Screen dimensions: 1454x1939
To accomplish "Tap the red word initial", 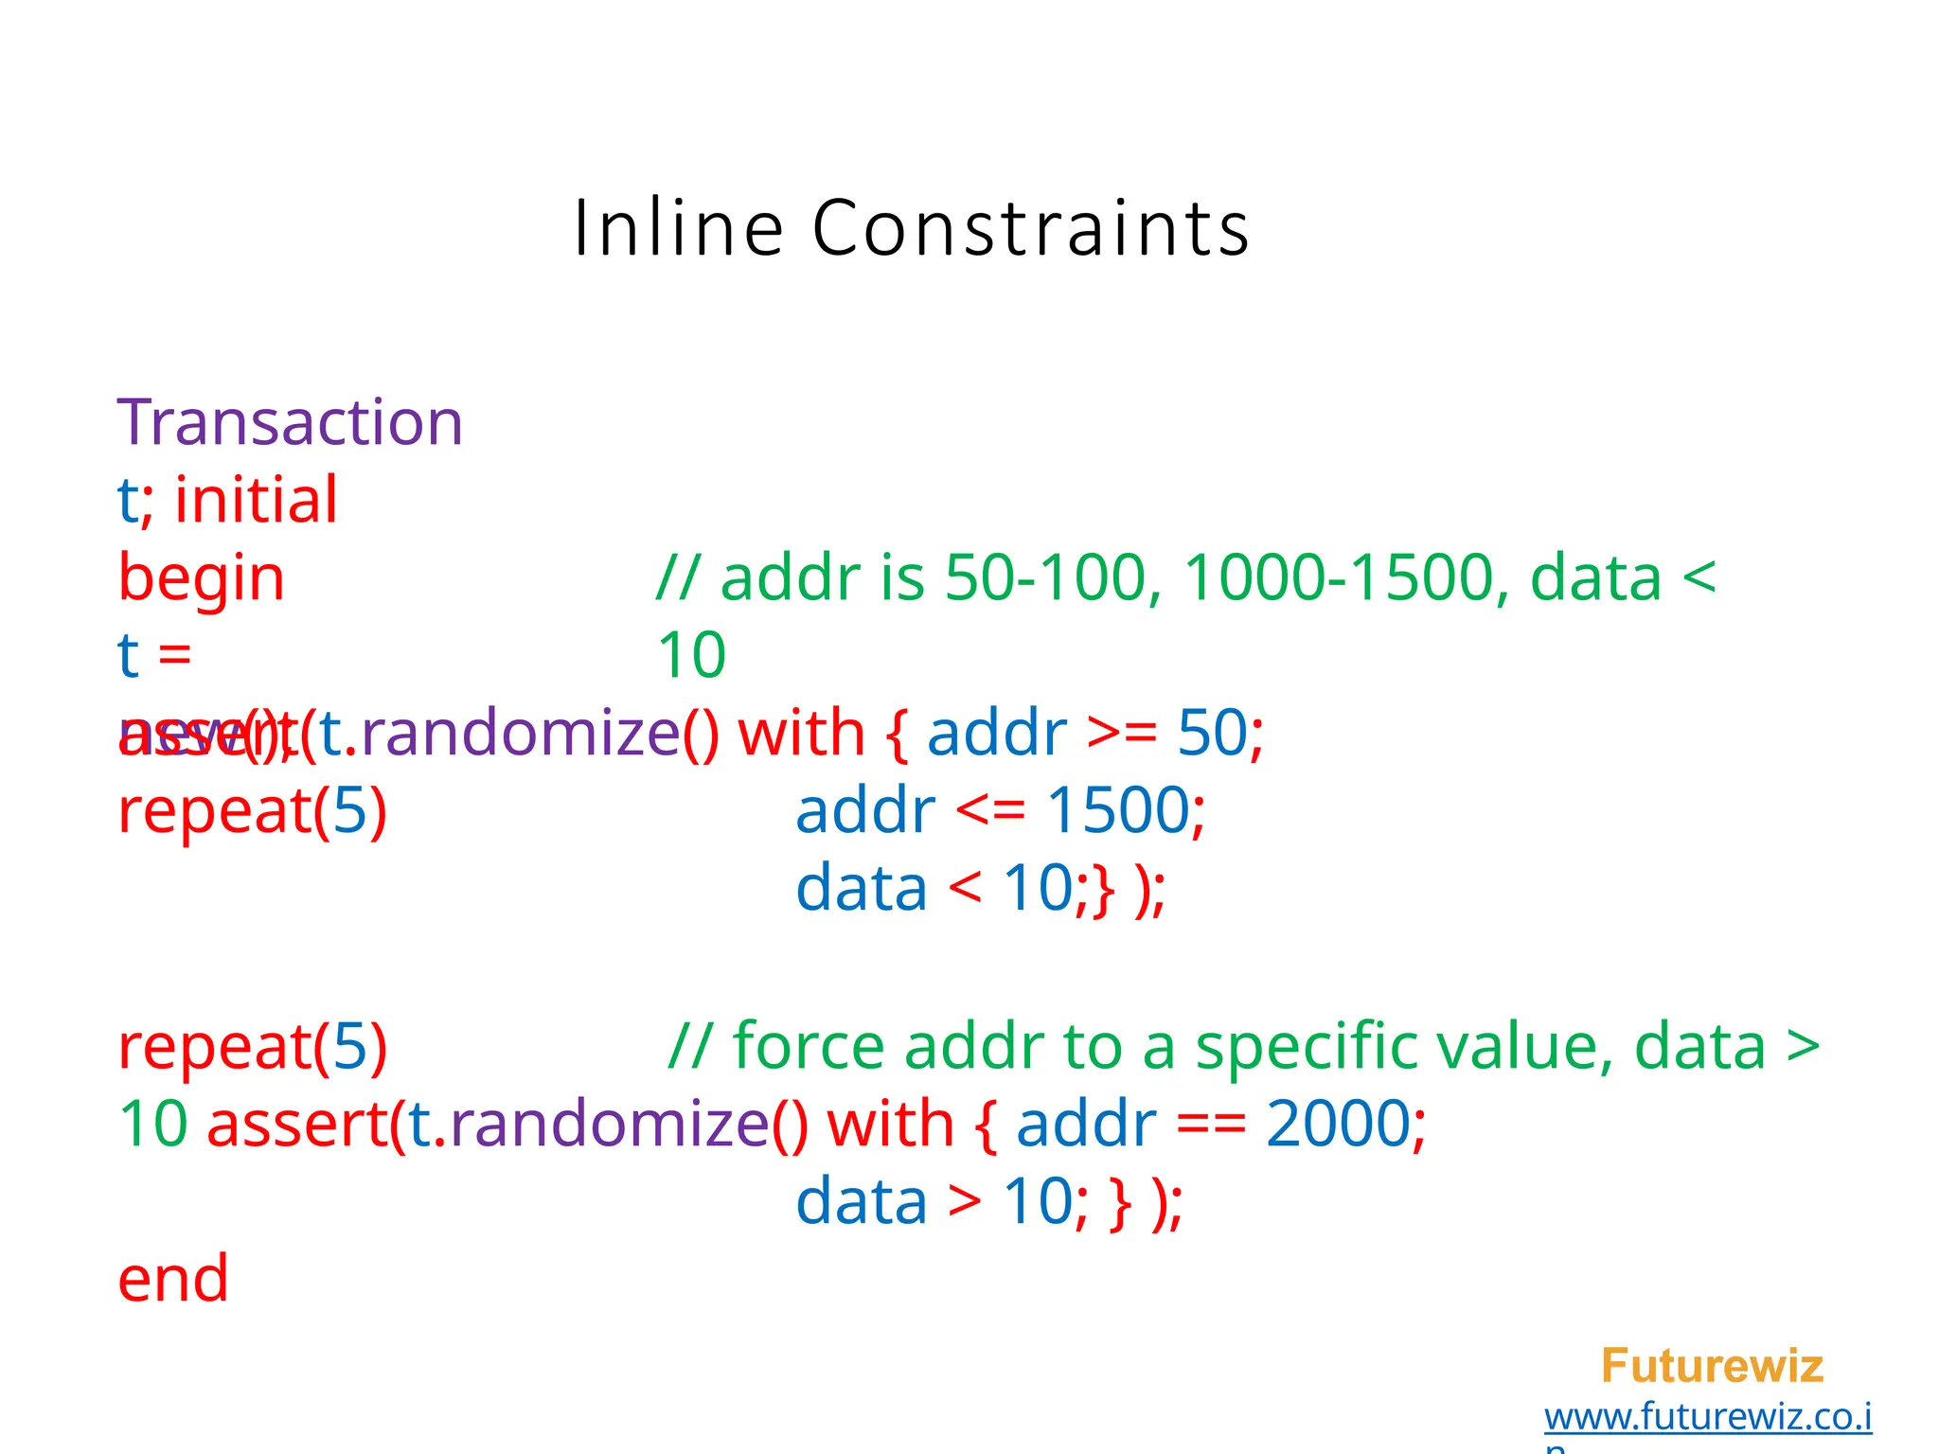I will [256, 500].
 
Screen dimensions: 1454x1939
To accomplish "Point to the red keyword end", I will [173, 1279].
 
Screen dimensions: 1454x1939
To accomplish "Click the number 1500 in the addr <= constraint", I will [1118, 810].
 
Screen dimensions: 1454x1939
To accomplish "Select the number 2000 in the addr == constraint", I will [1338, 1124].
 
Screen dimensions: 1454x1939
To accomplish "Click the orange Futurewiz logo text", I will [1712, 1366].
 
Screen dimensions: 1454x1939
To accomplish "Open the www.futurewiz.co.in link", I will [1708, 1417].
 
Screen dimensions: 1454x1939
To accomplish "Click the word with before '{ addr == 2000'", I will [890, 1124].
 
